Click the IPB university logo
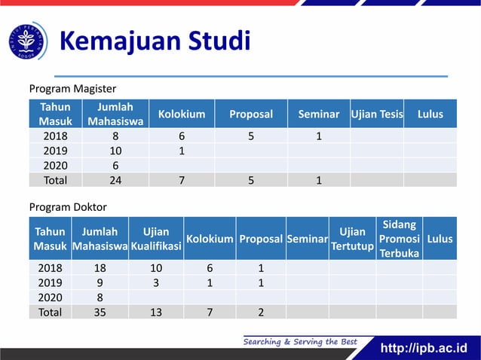coord(28,41)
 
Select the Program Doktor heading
coord(68,206)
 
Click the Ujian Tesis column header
coord(377,114)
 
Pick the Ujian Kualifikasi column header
coord(155,239)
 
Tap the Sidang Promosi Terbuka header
coord(399,239)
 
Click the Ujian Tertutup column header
coord(352,239)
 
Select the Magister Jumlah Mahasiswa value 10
coord(115,151)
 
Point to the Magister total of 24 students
coord(115,180)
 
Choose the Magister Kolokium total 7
coord(182,180)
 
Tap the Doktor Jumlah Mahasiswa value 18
coord(100,268)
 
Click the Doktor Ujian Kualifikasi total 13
coord(155,312)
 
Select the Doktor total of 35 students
coord(100,312)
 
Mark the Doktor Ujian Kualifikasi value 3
coord(155,282)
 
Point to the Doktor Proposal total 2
coord(260,312)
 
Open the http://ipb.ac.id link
coord(424,348)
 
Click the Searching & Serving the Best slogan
coord(299,342)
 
